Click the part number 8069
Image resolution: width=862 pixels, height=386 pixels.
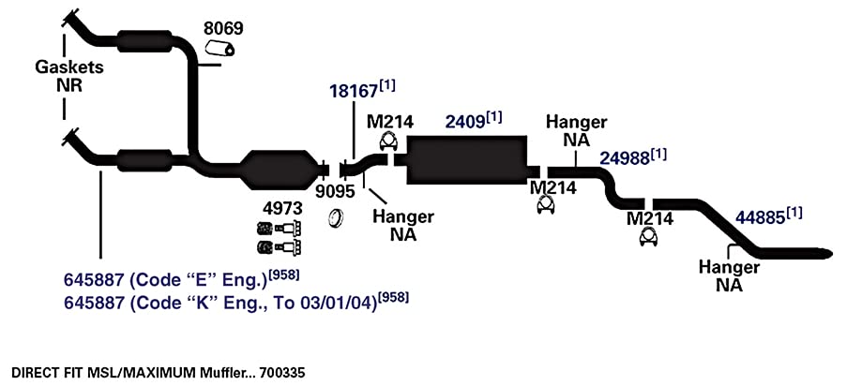click(223, 28)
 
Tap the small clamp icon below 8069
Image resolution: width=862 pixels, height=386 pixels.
click(219, 49)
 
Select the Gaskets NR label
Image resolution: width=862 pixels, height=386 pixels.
click(69, 76)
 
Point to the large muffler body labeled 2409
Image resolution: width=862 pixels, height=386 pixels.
click(465, 159)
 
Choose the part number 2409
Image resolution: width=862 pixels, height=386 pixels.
click(465, 122)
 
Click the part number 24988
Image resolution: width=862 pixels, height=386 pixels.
click(625, 158)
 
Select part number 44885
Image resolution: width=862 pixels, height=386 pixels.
click(761, 218)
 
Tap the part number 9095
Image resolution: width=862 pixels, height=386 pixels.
click(335, 192)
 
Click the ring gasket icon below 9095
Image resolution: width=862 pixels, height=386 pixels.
click(336, 218)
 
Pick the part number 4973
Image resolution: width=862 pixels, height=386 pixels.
click(282, 209)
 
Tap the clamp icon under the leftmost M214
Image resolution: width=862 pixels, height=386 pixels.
click(389, 141)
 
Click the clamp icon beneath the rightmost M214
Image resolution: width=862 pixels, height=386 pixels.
click(649, 236)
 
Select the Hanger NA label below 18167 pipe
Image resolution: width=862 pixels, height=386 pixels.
click(403, 226)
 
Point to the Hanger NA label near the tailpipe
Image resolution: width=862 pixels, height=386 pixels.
click(729, 276)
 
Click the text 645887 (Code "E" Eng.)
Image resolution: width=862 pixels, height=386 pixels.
click(165, 280)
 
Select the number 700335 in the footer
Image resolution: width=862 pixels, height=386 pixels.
click(280, 374)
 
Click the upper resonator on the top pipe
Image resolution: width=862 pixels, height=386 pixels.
click(144, 42)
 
